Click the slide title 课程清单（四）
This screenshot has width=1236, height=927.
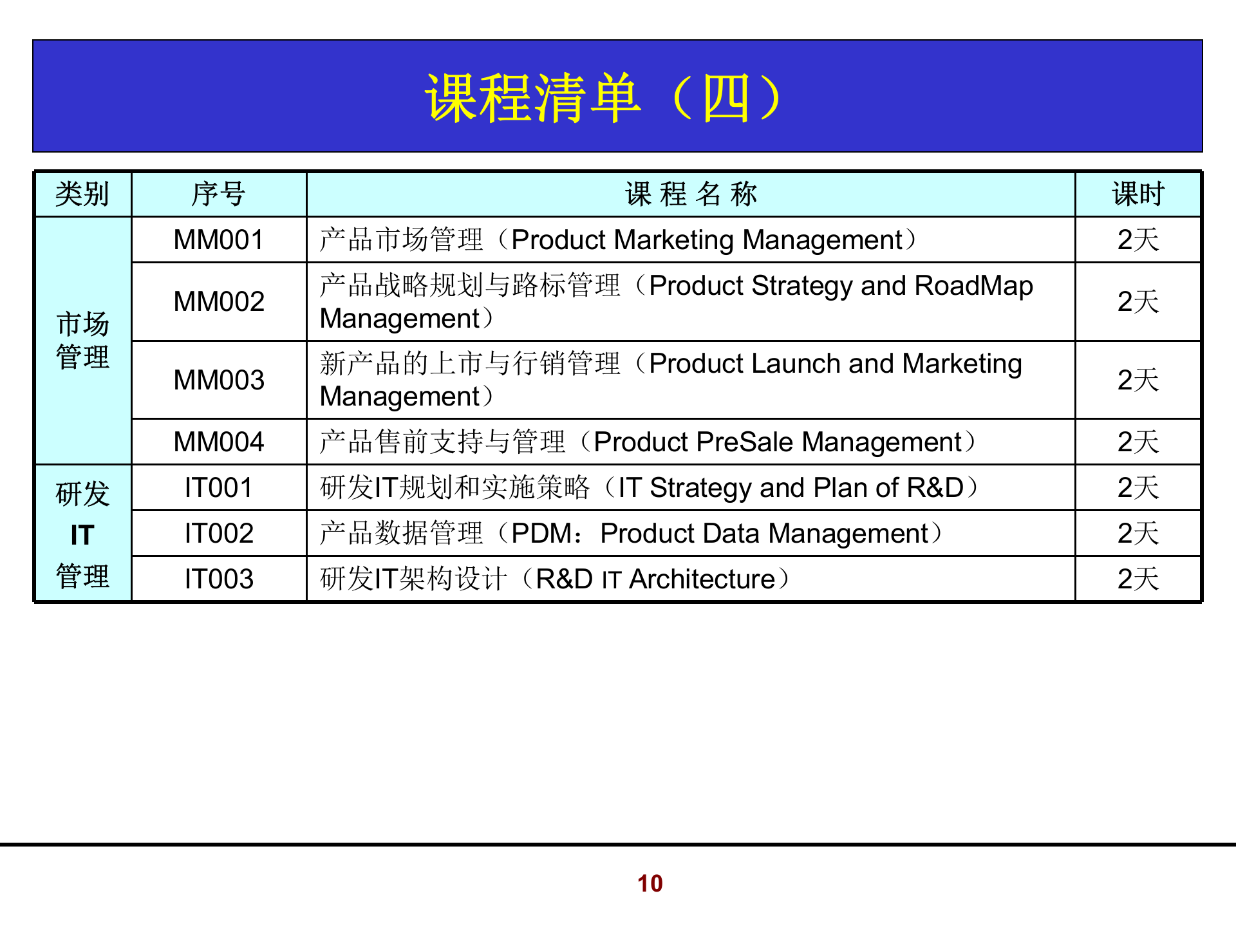tap(603, 98)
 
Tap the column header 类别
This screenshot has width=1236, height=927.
tap(82, 194)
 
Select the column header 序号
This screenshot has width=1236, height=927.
tap(219, 194)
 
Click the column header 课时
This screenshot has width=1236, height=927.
tap(1138, 194)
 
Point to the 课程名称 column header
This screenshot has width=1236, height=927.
tap(691, 194)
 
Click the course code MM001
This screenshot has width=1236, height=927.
tap(219, 240)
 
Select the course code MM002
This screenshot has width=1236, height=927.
tap(219, 301)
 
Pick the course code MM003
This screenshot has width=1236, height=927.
tap(219, 380)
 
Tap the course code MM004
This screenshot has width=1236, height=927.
tap(219, 442)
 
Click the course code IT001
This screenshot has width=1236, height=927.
tap(219, 488)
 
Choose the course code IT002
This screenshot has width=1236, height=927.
tap(219, 534)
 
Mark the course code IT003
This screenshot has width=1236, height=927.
tap(219, 579)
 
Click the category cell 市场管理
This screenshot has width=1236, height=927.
tap(82, 341)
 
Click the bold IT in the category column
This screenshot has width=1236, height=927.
tap(82, 535)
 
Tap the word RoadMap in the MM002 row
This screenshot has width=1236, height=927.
tap(973, 286)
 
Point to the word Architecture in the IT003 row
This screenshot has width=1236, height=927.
tap(702, 579)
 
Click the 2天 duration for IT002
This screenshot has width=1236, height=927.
tap(1138, 534)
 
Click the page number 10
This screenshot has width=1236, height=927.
tap(650, 883)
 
